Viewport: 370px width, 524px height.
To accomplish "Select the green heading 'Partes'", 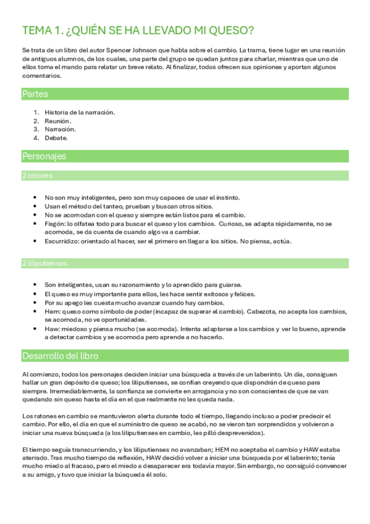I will pyautogui.click(x=35, y=94).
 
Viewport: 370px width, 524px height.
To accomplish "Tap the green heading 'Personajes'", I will pyautogui.click(x=44, y=156).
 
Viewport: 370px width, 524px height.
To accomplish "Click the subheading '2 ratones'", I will pyautogui.click(x=38, y=176).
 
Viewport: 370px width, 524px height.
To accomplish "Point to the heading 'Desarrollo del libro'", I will pyautogui.click(x=60, y=356).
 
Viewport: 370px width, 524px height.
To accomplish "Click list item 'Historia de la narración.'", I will pyautogui.click(x=80, y=112).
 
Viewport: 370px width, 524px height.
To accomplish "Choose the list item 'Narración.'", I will pyautogui.click(x=61, y=130).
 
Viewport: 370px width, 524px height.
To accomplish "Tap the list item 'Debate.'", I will pyautogui.click(x=56, y=138).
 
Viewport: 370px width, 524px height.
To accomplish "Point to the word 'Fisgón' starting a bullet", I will pyautogui.click(x=55, y=223).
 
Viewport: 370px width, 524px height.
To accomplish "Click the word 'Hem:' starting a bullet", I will pyautogui.click(x=52, y=311).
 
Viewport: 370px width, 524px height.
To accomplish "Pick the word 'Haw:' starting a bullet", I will pyautogui.click(x=52, y=329).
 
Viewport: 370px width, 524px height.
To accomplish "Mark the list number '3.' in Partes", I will pyautogui.click(x=36, y=130).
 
